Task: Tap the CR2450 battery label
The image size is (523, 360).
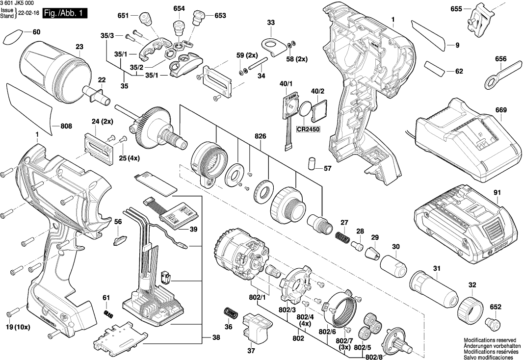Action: pyautogui.click(x=308, y=129)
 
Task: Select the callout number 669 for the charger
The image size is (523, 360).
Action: pyautogui.click(x=500, y=110)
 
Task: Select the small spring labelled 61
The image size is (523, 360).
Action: pyautogui.click(x=108, y=314)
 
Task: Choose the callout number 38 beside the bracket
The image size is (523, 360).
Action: pyautogui.click(x=216, y=337)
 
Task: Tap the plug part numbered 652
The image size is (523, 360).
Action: pyautogui.click(x=492, y=323)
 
